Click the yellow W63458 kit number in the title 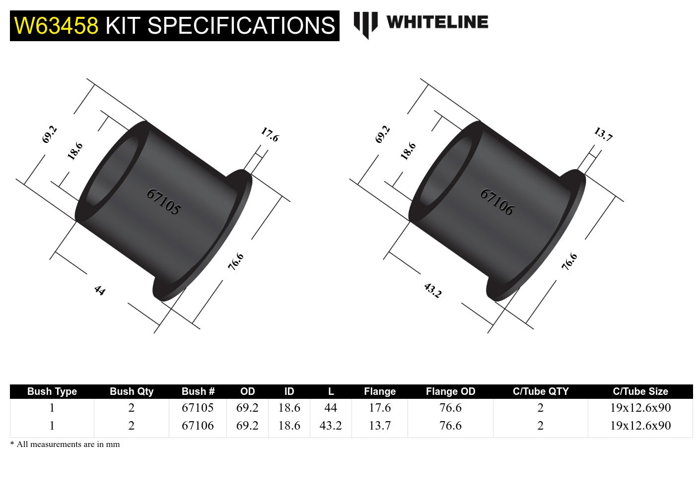click(x=56, y=26)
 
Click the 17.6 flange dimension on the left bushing click(x=270, y=134)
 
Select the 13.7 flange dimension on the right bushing click(x=603, y=134)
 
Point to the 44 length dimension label click(x=100, y=290)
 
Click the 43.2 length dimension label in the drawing click(x=432, y=290)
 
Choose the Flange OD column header click(x=450, y=391)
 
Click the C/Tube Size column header click(x=640, y=391)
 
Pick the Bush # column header click(x=198, y=391)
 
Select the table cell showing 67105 click(x=198, y=408)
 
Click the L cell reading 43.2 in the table click(x=331, y=426)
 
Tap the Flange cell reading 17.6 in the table click(x=380, y=408)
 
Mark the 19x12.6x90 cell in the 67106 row click(x=640, y=426)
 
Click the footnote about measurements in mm click(x=65, y=444)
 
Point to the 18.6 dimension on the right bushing click(x=408, y=151)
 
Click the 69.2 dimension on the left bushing click(x=50, y=134)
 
